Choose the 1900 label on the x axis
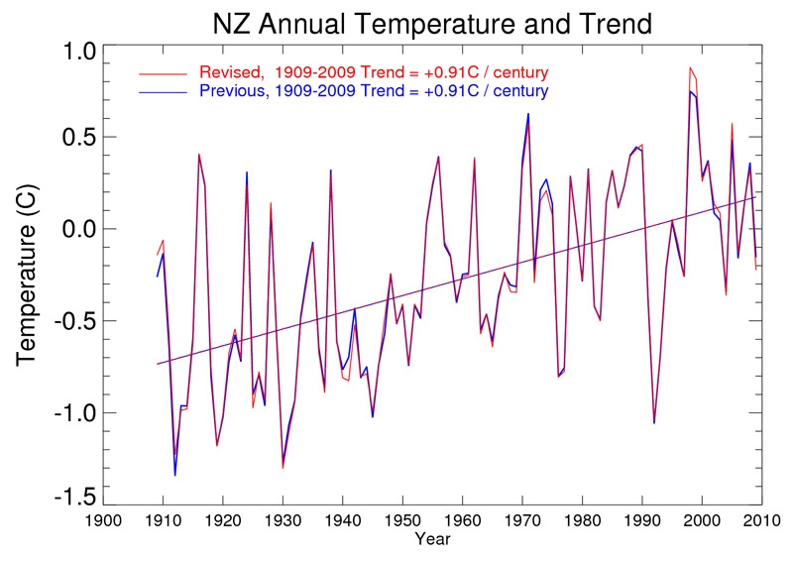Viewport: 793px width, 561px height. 103,522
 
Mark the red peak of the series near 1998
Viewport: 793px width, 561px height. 690,67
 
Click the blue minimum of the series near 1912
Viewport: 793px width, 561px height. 175,476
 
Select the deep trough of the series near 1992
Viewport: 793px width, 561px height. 654,423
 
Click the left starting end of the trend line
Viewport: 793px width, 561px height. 158,364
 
